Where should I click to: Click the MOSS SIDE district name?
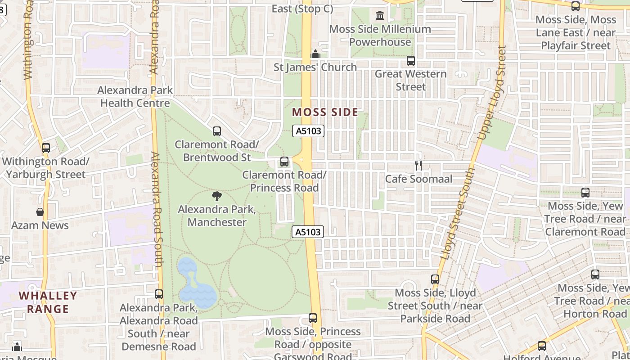tap(325, 112)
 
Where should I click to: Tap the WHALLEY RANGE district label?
tap(48, 302)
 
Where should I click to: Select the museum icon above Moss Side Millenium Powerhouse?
tap(380, 16)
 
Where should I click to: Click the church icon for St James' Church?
tap(315, 54)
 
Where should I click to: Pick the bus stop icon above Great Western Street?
tap(410, 60)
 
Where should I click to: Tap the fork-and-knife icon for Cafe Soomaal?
tap(418, 165)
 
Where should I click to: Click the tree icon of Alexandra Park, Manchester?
tap(217, 196)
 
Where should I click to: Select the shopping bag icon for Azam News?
tap(40, 211)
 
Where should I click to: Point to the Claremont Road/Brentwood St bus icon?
tap(217, 131)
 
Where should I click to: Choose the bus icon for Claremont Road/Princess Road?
tap(284, 162)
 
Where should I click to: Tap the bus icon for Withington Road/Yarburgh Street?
tap(45, 148)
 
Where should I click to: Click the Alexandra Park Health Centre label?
tap(135, 96)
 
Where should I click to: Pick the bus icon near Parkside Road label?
tap(435, 279)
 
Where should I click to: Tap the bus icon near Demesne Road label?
tap(159, 294)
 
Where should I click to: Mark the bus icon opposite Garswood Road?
tap(313, 318)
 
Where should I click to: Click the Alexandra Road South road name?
tap(156, 209)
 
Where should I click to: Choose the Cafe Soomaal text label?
tap(418, 179)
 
